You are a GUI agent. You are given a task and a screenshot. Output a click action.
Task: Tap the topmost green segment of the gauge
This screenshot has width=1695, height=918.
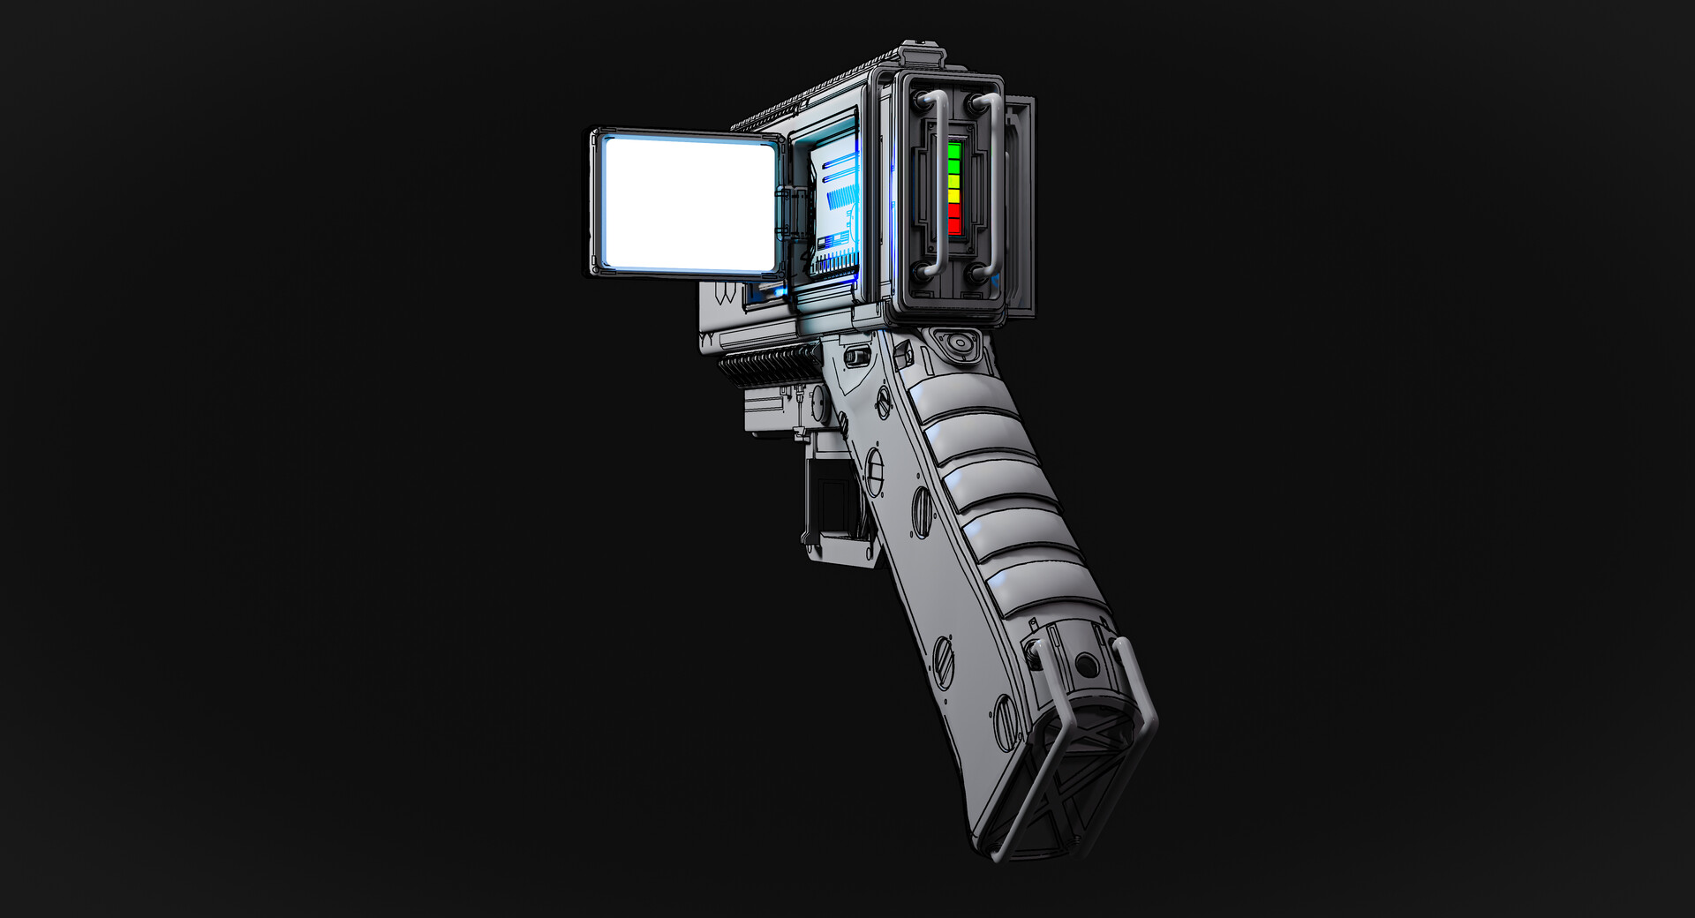pyautogui.click(x=953, y=151)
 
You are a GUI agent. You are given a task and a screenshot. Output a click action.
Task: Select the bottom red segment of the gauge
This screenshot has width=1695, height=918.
pyautogui.click(x=953, y=226)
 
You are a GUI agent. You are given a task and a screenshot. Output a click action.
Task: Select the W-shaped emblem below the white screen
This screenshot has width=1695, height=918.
pyautogui.click(x=725, y=294)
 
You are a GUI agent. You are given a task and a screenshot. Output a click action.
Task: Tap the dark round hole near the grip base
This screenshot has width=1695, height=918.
pyautogui.click(x=1087, y=664)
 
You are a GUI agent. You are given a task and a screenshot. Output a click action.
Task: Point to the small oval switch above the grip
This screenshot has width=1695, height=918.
pyautogui.click(x=855, y=357)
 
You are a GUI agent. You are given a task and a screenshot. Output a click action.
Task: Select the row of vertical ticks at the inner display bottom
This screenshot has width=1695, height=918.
pyautogui.click(x=835, y=261)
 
